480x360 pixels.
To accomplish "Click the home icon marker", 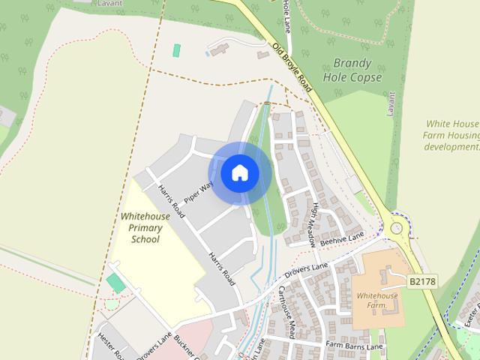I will coord(240,173).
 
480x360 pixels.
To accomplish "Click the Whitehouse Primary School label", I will coord(145,227).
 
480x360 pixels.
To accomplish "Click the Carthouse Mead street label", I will coord(290,311).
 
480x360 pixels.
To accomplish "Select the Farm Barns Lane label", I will coord(354,346).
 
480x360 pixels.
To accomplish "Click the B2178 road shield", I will coord(421,281).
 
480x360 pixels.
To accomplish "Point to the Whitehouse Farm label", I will coord(376,300).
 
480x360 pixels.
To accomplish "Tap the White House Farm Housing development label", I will coord(451,135).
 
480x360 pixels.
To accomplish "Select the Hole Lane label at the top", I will coord(286,15).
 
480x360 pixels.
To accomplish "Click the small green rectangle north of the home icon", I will coord(177,50).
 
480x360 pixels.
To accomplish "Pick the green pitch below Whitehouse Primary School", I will coord(115,283).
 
